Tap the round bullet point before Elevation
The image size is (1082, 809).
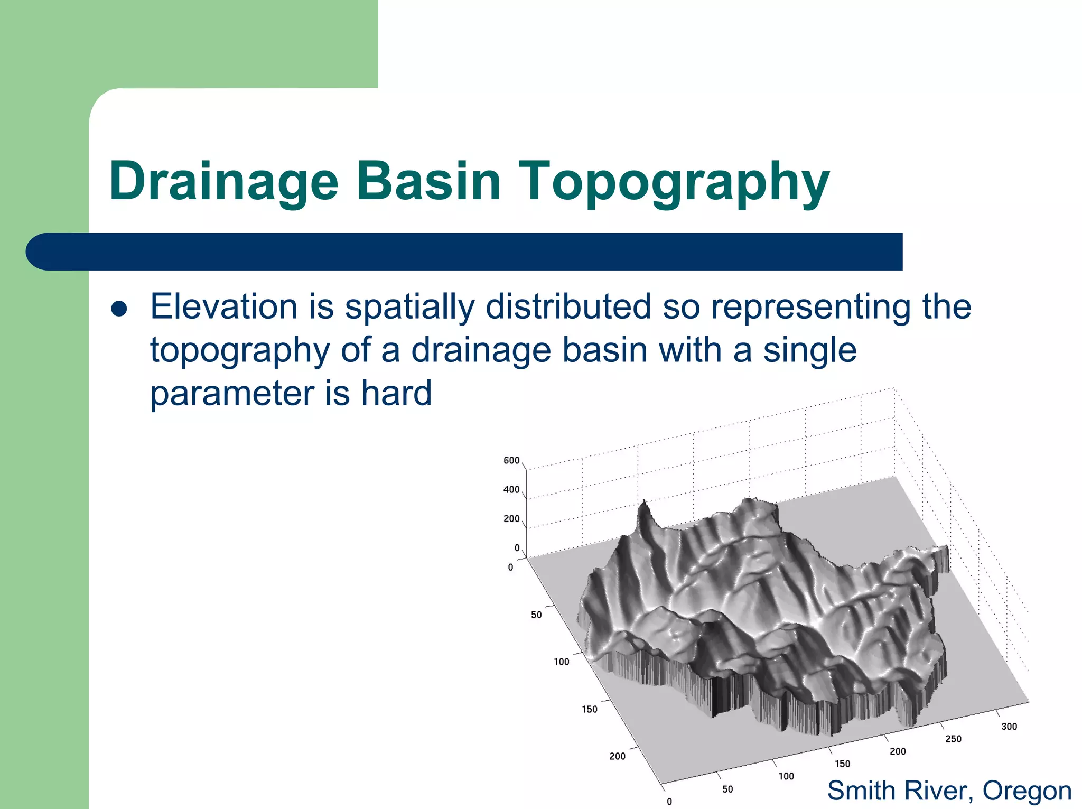(119, 309)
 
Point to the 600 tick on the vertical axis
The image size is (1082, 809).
(511, 461)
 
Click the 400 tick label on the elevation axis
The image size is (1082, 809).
(511, 490)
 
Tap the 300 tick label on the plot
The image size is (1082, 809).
(1009, 727)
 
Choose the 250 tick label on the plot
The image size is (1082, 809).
(953, 739)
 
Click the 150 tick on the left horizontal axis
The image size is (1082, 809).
(590, 710)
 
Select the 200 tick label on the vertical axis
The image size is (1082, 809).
(511, 519)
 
